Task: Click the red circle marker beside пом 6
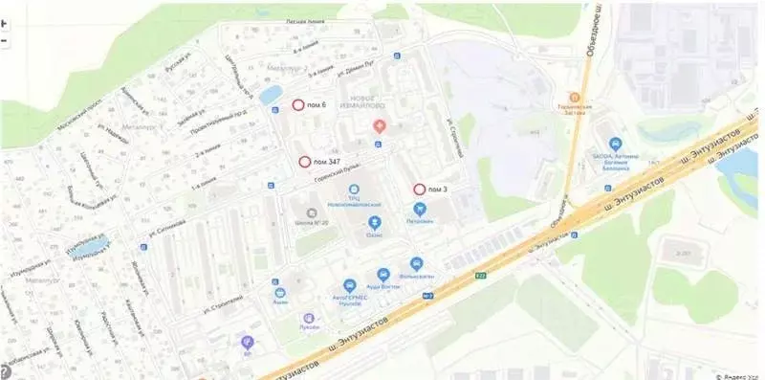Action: tap(297, 104)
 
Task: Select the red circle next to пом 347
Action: tap(304, 163)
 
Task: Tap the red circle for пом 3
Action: tap(419, 188)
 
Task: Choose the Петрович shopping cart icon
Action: tap(419, 208)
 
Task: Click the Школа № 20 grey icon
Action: tap(310, 212)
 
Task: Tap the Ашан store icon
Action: tap(279, 293)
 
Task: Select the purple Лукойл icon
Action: tap(307, 317)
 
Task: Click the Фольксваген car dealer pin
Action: tap(416, 263)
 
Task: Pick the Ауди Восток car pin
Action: tap(382, 273)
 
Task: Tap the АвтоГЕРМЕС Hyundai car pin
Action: tap(350, 284)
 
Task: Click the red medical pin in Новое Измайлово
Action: tap(380, 125)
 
